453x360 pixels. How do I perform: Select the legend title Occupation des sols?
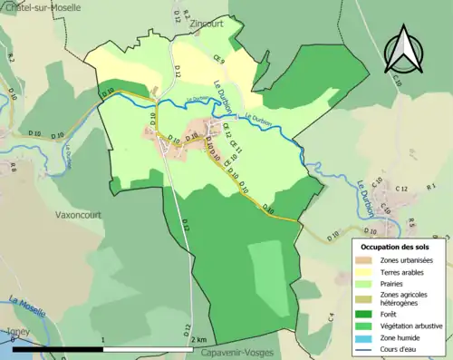click(395, 246)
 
